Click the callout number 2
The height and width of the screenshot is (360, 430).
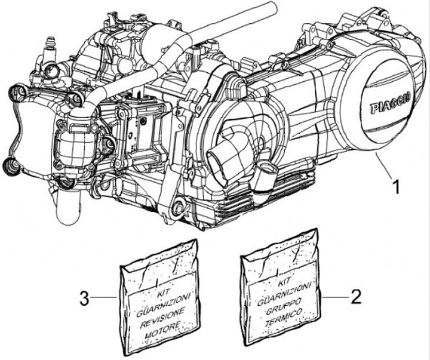pos(356,297)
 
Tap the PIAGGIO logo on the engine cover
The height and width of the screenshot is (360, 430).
pos(391,106)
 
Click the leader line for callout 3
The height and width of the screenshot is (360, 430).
pos(104,297)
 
